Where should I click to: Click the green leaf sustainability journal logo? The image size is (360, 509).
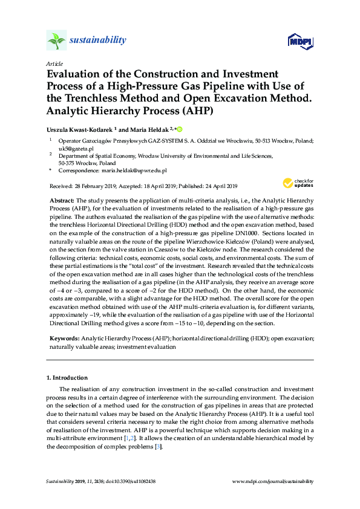pyautogui.click(x=56, y=40)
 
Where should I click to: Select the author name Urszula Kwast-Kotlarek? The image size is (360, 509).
pyautogui.click(x=79, y=129)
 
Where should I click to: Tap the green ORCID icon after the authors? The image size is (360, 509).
pyautogui.click(x=179, y=129)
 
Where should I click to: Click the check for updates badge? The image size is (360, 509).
pyautogui.click(x=297, y=183)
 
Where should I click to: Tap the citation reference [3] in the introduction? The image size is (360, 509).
pyautogui.click(x=159, y=446)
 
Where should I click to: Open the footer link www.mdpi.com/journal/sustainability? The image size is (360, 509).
pyautogui.click(x=273, y=481)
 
